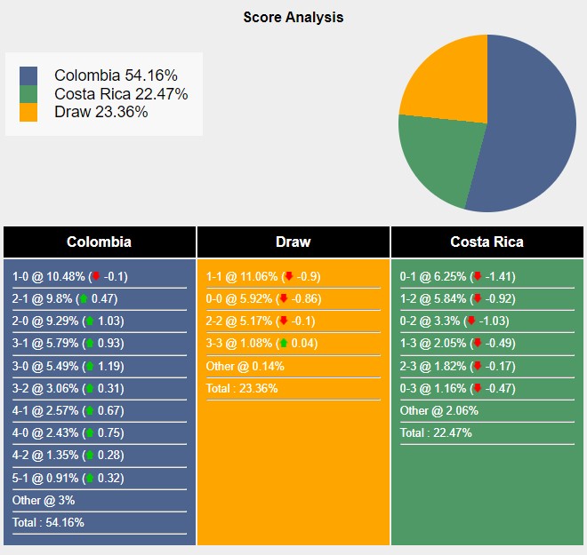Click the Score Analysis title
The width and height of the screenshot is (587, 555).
293,17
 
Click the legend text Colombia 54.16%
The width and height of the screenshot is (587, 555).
115,75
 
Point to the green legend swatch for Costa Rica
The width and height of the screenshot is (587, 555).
28,94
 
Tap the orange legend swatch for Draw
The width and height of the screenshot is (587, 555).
28,112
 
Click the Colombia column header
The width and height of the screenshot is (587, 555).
99,242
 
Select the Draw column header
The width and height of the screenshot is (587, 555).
293,242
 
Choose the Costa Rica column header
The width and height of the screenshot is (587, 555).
486,242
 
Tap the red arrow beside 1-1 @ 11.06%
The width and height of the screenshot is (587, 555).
288,276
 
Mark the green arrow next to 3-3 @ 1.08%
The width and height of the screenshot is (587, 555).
283,343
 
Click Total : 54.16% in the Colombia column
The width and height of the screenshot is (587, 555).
48,522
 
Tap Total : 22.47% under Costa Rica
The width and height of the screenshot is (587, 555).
436,432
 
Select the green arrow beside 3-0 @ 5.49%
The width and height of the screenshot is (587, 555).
89,366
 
